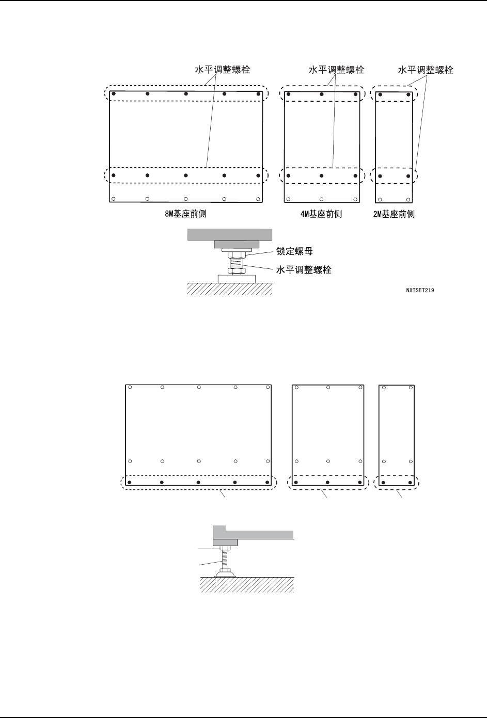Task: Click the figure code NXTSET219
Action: tap(420, 291)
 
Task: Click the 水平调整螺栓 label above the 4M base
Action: tap(336, 69)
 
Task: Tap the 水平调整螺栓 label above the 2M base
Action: tap(426, 69)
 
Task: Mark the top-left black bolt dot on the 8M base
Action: tap(114, 94)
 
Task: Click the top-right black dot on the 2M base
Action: tap(408, 94)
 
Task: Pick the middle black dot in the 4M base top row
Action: tap(321, 94)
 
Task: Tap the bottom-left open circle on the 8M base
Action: tap(114, 199)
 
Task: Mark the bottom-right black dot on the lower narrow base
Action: tap(410, 483)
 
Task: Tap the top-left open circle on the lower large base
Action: tap(130, 387)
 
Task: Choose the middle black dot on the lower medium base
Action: tap(328, 483)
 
